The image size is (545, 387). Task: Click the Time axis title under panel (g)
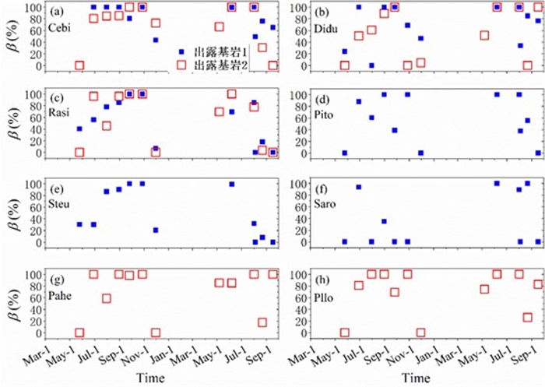[x=148, y=377]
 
